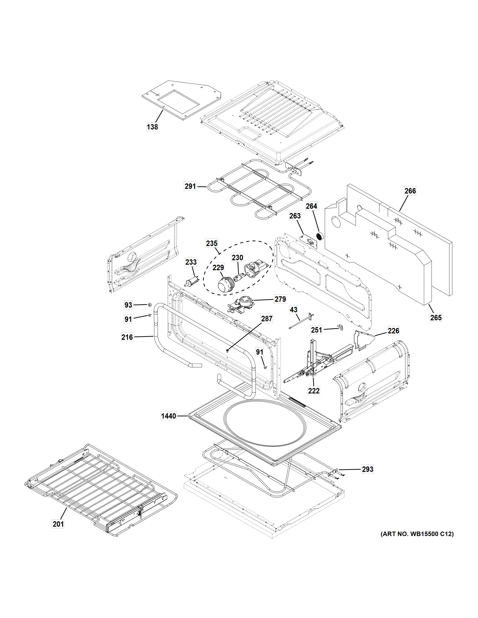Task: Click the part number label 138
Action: pos(152,127)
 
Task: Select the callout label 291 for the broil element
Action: pos(190,186)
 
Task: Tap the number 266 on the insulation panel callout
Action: pos(410,191)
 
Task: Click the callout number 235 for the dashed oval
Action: pos(212,243)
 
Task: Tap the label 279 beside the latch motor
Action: pos(280,299)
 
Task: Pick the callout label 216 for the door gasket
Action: pos(127,337)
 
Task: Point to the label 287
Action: pos(266,319)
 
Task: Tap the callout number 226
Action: pos(393,331)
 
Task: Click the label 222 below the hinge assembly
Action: pos(314,391)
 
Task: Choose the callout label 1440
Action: pos(169,416)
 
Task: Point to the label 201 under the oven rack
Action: pos(58,524)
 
